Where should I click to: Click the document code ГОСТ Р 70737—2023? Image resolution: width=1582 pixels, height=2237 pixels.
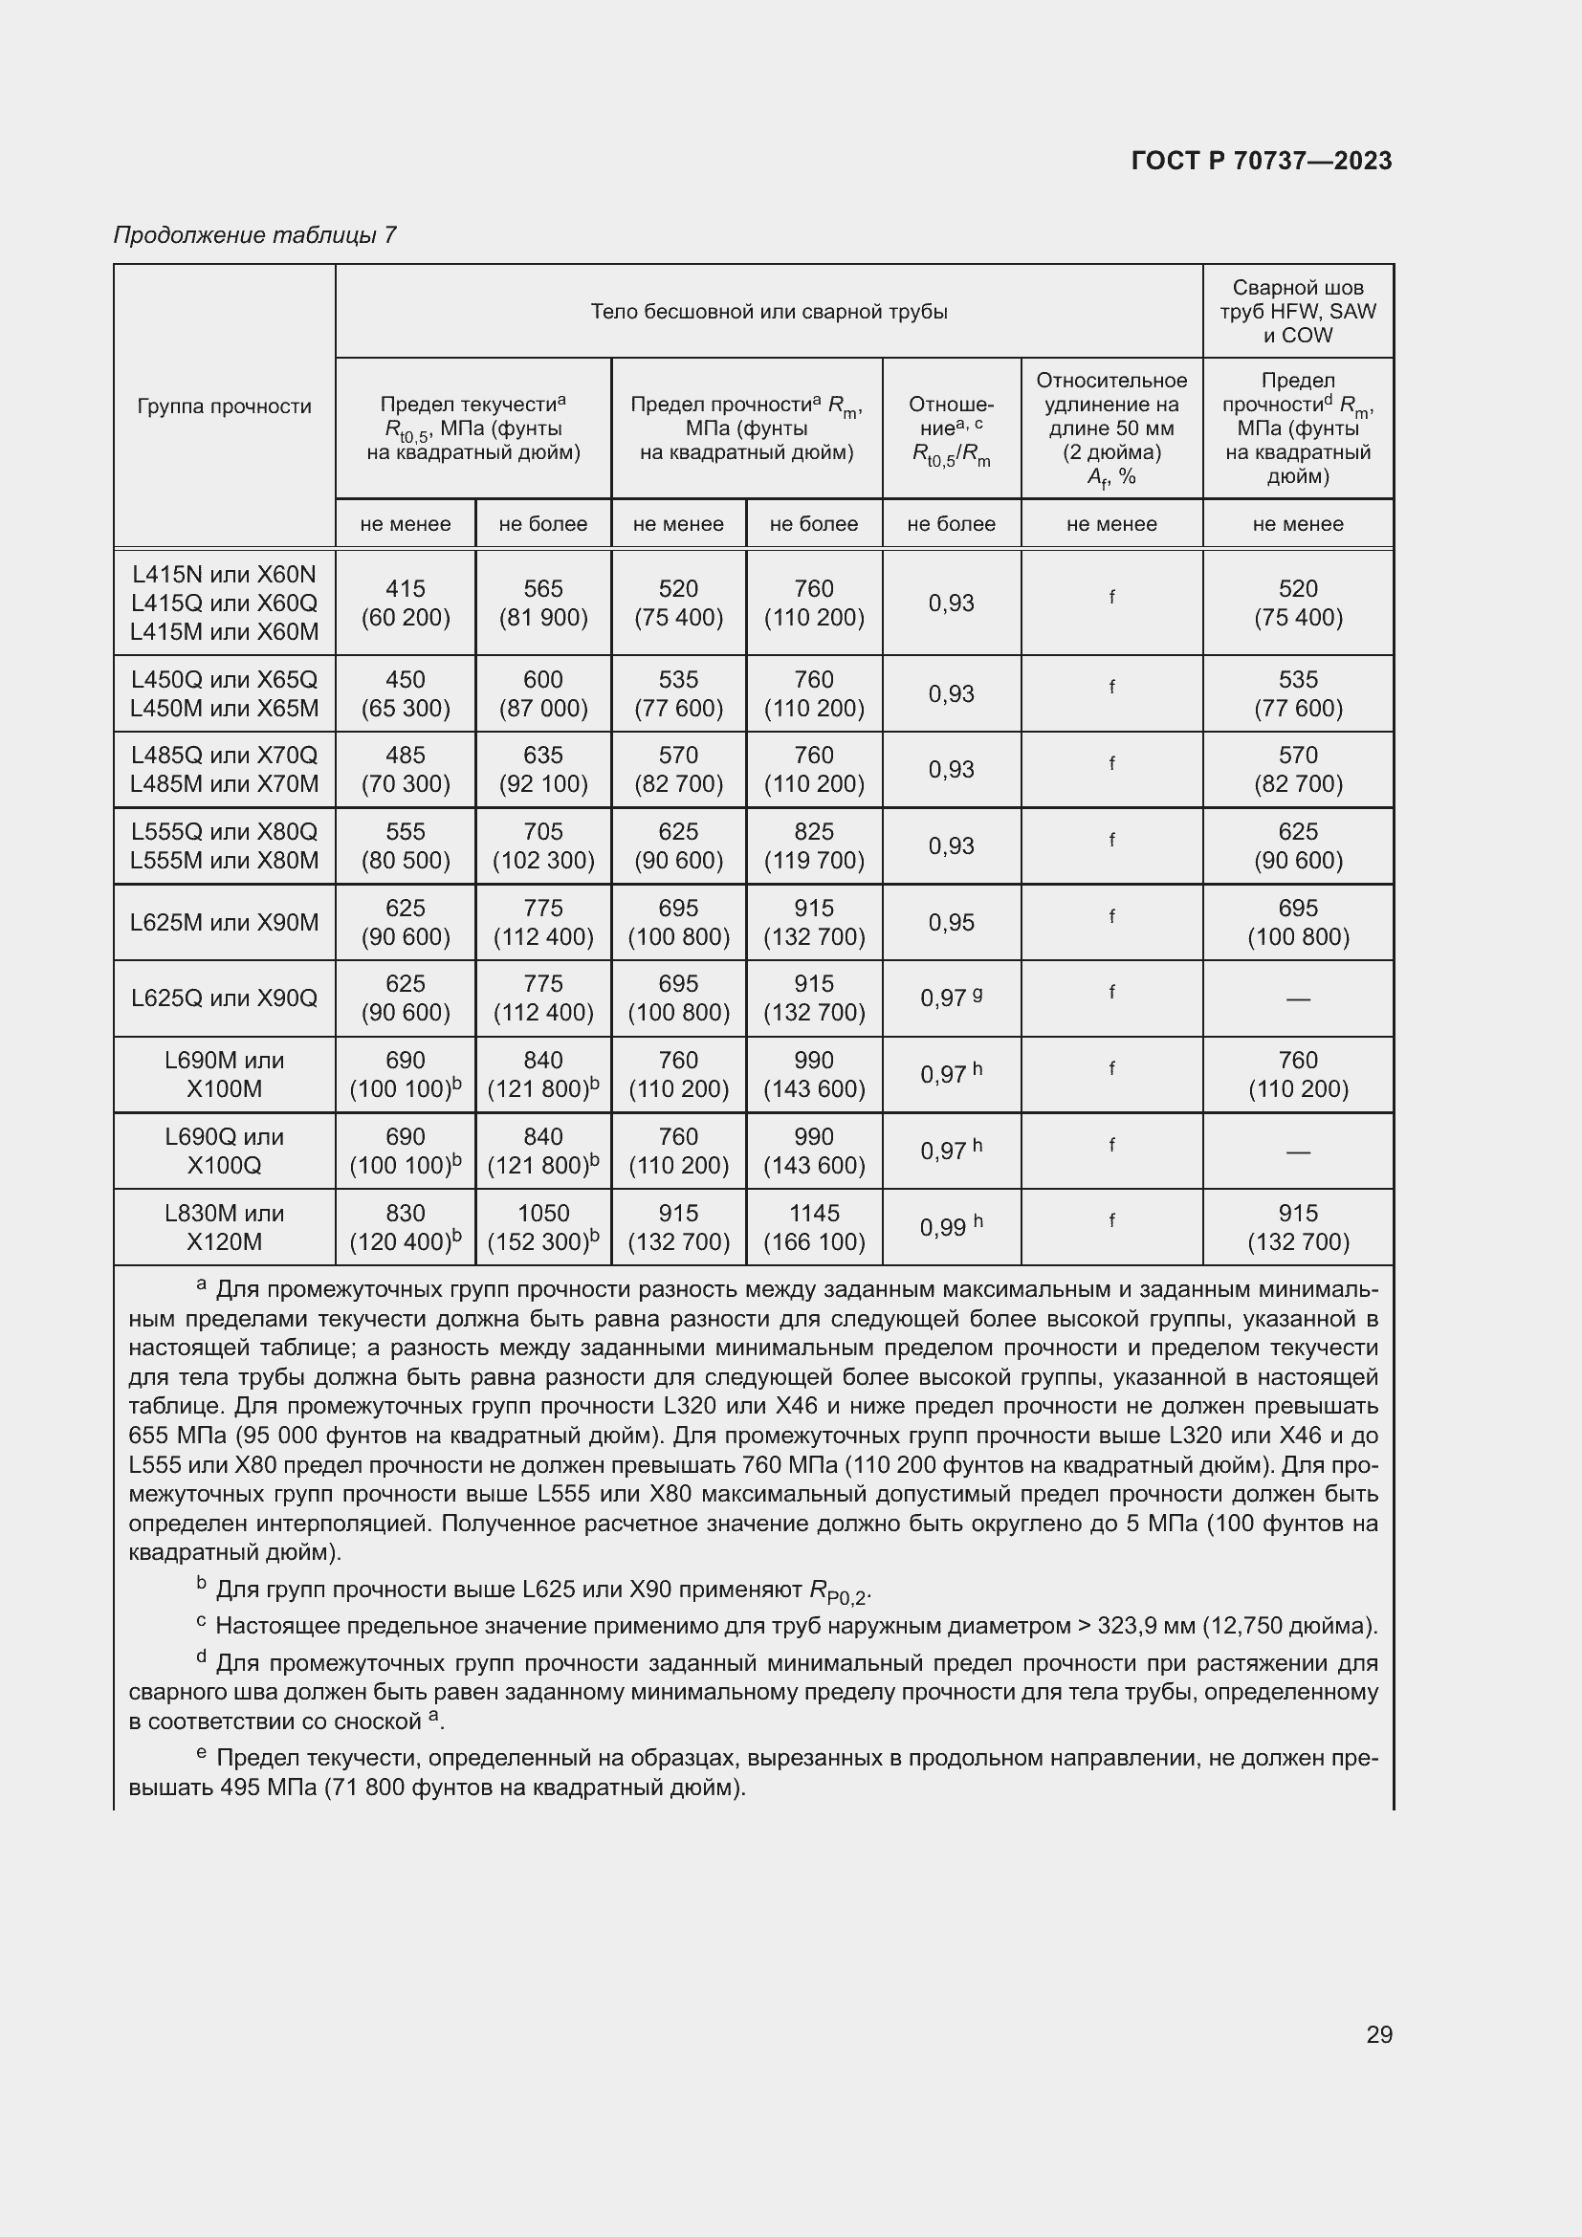coord(1261,161)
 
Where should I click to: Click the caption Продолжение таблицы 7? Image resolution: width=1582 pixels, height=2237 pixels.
coord(254,235)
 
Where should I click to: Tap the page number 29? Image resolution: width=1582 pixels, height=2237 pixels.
coord(1378,2034)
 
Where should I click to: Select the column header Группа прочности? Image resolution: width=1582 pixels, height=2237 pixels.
coord(224,406)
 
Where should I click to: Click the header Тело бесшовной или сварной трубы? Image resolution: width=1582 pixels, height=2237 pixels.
coord(769,312)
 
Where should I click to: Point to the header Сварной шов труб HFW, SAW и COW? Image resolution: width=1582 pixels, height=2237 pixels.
coord(1298,312)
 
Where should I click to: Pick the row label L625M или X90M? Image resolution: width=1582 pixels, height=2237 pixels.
coord(224,923)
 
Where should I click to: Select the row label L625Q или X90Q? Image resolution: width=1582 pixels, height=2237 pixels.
coord(224,998)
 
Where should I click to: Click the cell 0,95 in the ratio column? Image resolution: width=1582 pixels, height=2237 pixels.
coord(951,923)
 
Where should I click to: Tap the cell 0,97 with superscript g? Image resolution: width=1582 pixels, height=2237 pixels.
coord(951,998)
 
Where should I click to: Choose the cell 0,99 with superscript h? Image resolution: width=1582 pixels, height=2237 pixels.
coord(951,1228)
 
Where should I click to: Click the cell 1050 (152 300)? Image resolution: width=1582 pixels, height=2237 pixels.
coord(542,1228)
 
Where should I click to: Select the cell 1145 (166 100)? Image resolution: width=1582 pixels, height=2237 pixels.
coord(813,1228)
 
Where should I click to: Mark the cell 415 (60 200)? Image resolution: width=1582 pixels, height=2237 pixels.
coord(406,603)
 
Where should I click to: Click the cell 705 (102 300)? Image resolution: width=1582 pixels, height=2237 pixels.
coord(542,845)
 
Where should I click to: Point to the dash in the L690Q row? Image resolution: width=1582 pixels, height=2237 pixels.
coord(1298,1151)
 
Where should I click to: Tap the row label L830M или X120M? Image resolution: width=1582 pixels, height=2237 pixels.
coord(224,1228)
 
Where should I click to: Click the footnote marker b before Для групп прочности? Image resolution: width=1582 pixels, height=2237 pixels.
coord(202,1584)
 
